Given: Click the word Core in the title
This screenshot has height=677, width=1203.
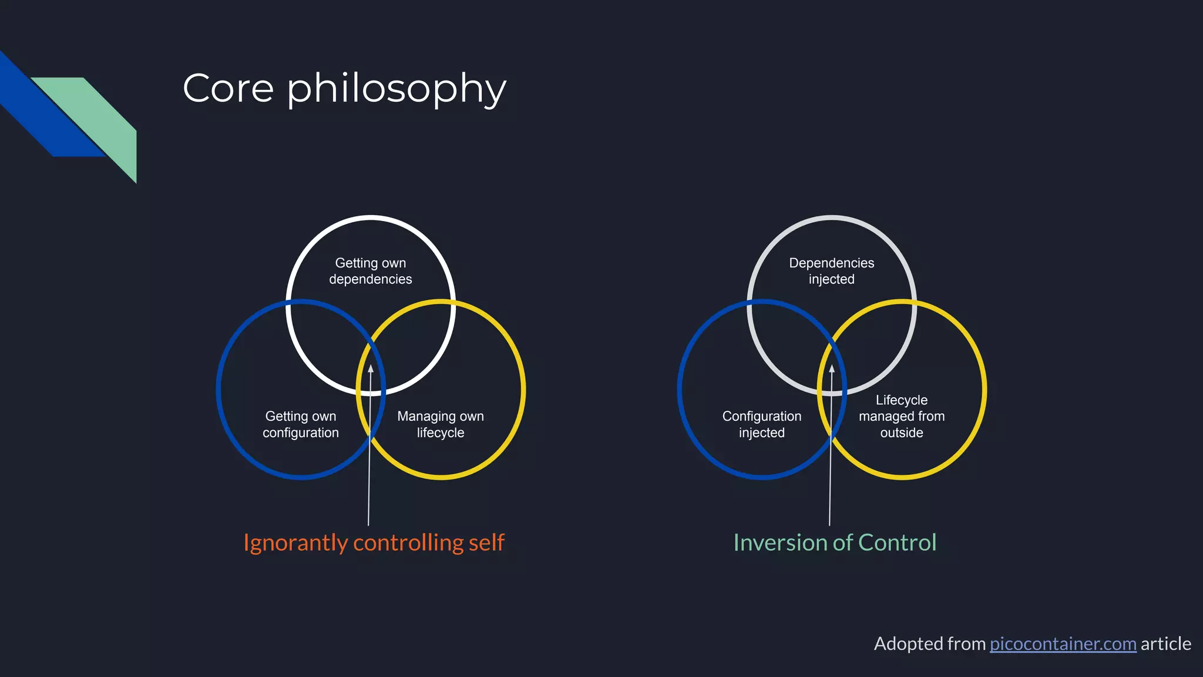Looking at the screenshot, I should click(x=228, y=89).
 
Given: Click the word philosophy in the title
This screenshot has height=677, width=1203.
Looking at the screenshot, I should click(x=396, y=90).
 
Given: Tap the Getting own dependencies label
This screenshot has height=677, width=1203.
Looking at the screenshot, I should click(x=370, y=271).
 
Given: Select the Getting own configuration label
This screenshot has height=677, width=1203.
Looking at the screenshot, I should click(x=300, y=424).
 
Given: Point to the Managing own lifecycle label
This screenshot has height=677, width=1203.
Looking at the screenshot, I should click(x=441, y=424).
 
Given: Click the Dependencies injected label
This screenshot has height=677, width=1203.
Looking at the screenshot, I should click(x=831, y=271).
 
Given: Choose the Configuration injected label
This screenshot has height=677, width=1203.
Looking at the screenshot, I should click(x=761, y=424).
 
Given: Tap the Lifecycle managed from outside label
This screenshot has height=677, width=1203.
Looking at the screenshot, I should click(x=901, y=416).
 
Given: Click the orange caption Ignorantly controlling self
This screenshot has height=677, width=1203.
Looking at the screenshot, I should click(x=374, y=542).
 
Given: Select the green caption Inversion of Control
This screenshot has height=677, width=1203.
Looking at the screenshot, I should click(x=834, y=542).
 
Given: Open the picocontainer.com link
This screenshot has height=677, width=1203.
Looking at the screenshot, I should click(x=1063, y=644).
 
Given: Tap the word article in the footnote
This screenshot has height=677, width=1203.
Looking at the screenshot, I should click(x=1165, y=644).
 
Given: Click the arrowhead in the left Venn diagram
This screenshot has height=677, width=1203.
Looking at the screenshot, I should click(x=371, y=368).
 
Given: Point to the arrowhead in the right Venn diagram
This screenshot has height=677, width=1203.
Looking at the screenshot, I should click(x=832, y=368).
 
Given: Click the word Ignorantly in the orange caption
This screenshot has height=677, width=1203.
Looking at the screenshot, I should click(x=295, y=542).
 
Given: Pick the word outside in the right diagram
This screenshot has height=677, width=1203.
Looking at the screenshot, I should click(x=901, y=433).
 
